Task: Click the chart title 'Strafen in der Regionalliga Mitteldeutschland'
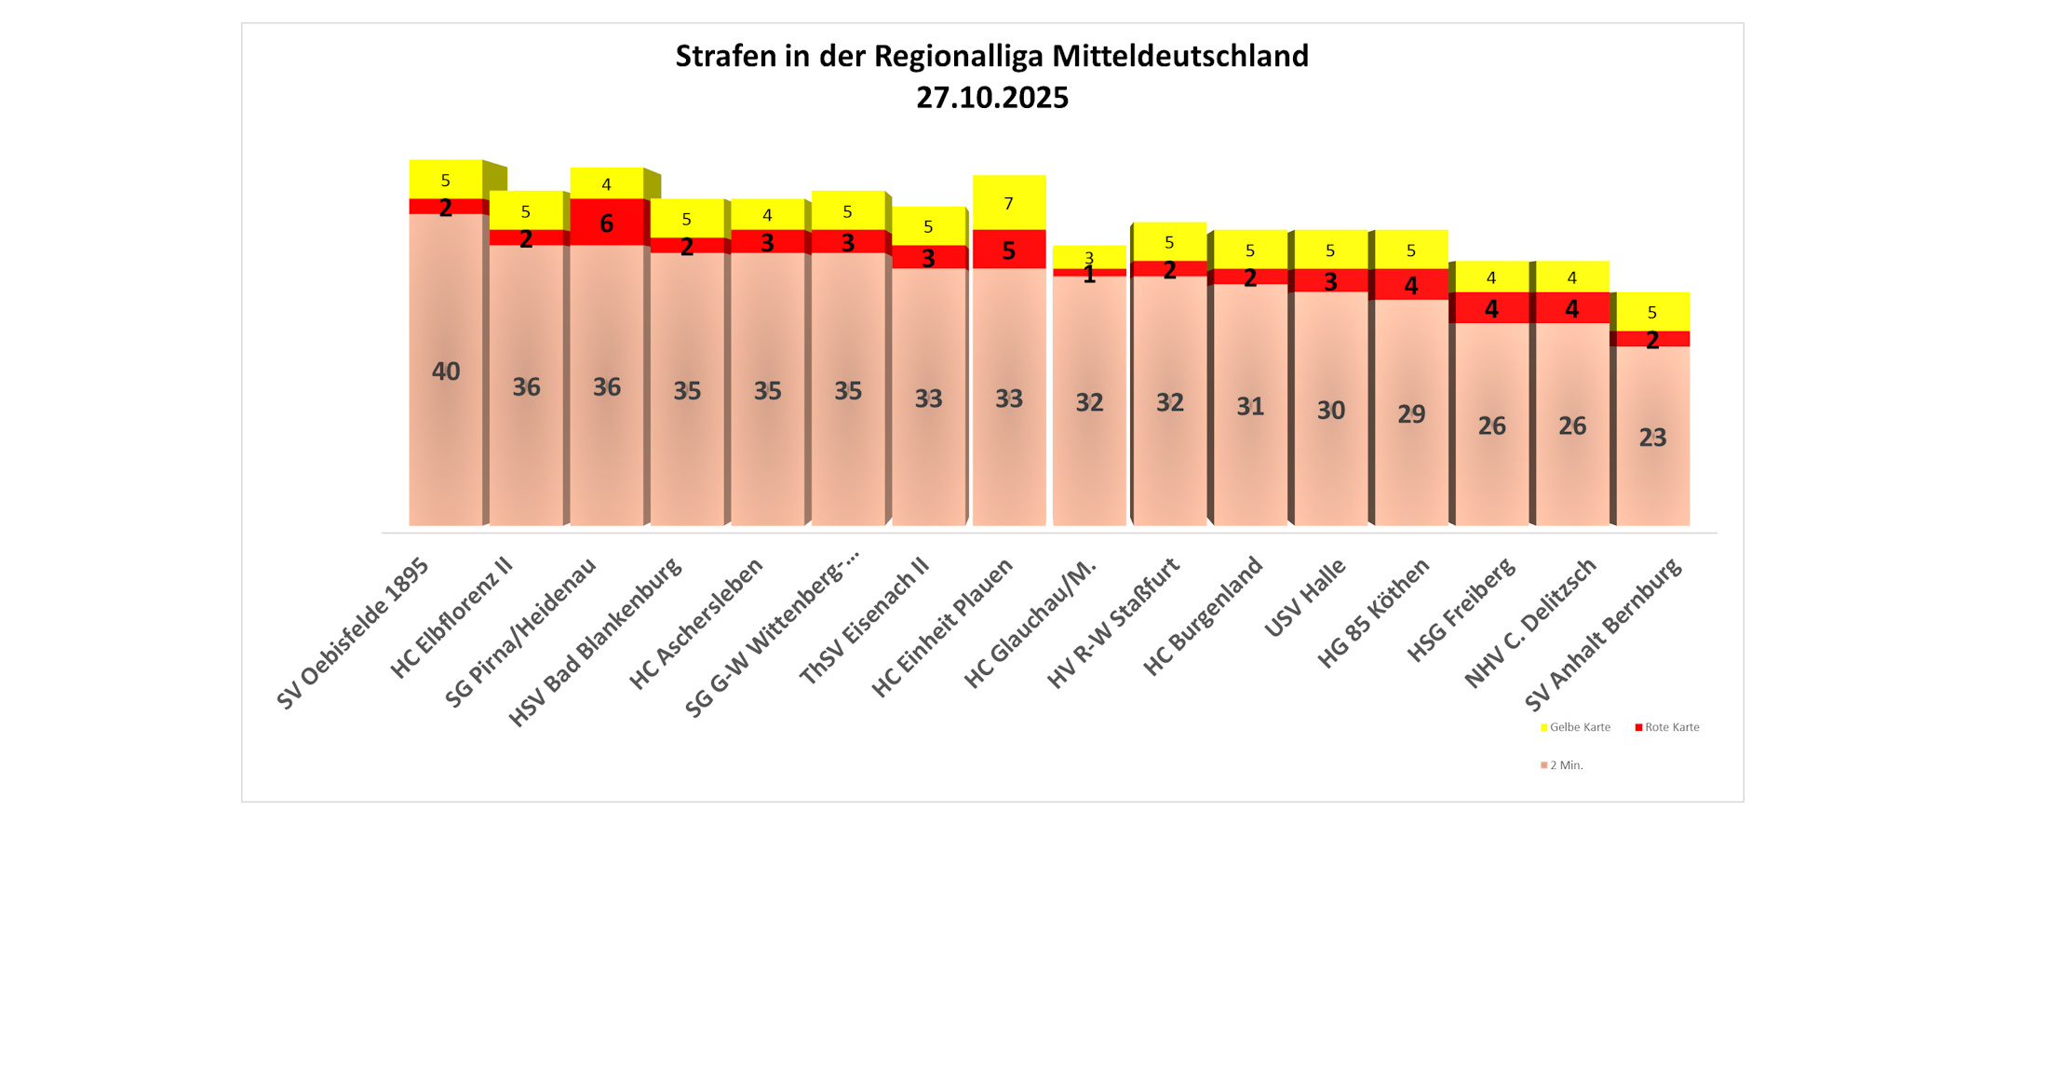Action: point(991,57)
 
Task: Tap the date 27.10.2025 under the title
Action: point(991,98)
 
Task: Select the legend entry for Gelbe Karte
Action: point(1579,727)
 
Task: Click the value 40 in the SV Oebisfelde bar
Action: point(446,371)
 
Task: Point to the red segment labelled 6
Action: point(607,223)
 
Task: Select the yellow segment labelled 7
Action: point(1009,203)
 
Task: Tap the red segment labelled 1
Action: point(1089,273)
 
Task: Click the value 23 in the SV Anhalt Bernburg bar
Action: point(1652,438)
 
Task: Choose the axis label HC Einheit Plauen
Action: point(942,628)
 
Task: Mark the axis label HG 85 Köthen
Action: point(1373,614)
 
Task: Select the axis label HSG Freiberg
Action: point(1462,610)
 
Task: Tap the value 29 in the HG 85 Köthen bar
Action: point(1411,413)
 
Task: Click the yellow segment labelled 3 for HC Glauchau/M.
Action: point(1089,257)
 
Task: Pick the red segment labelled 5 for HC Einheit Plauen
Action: point(1009,250)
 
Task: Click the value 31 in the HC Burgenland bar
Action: point(1250,406)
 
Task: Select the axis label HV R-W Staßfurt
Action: point(1113,624)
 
